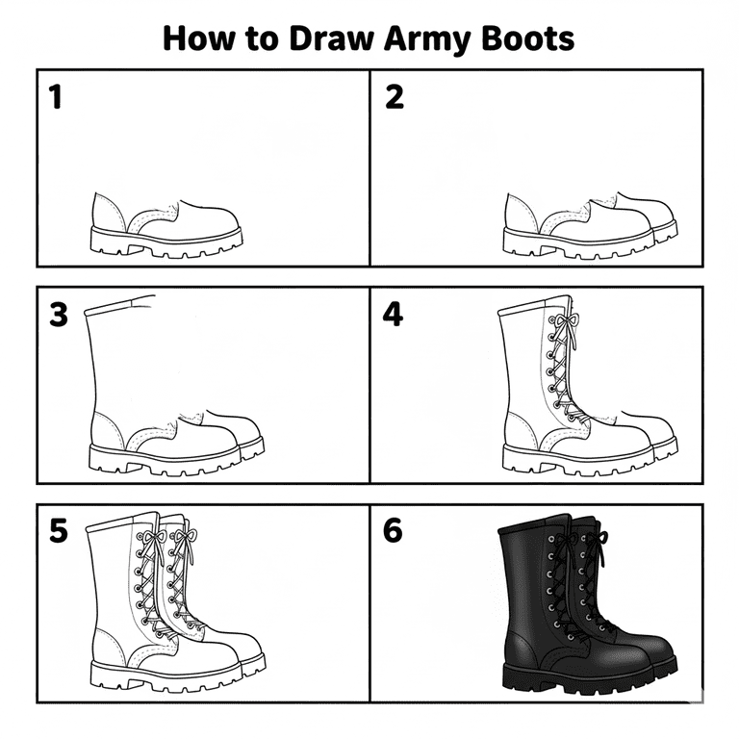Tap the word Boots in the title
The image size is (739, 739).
coord(528,38)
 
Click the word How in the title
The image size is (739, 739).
coord(198,38)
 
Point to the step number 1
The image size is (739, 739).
coord(56,96)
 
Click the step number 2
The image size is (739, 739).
coord(395,96)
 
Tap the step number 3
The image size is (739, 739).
coord(59,315)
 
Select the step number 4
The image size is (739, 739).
coord(393,315)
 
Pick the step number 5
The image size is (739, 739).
coord(59,531)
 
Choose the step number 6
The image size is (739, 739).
coord(393,531)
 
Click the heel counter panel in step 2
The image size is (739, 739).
coord(522,213)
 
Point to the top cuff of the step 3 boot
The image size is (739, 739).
coord(118,305)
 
